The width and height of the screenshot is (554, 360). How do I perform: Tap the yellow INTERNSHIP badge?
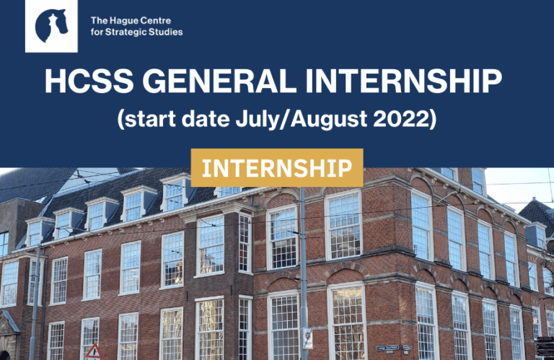[277, 167]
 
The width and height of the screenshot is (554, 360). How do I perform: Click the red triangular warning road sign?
[94, 351]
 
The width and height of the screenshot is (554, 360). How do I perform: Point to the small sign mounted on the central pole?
[308, 338]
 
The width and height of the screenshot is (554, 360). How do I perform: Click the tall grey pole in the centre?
[304, 274]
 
